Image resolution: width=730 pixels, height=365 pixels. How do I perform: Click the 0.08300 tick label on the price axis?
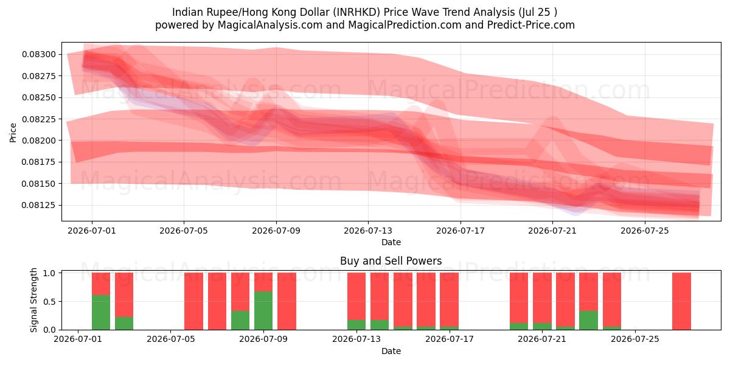[x=39, y=54]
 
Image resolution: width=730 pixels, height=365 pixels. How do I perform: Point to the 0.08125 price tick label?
[x=39, y=206]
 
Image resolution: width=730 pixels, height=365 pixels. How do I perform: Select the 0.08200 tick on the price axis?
[x=39, y=141]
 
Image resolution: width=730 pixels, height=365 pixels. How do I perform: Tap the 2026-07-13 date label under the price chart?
[x=368, y=231]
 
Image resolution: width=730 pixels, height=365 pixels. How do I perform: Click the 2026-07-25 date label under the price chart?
[x=645, y=231]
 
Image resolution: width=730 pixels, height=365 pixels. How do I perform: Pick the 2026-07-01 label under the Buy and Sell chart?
[x=78, y=339]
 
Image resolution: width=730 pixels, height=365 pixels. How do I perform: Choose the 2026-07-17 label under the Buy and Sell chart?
[x=450, y=339]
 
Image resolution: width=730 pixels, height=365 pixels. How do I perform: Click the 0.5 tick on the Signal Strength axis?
[x=49, y=302]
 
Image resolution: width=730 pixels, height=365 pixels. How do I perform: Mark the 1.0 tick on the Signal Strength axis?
[x=49, y=273]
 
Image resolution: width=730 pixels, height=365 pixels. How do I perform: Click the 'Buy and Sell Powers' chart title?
[x=391, y=261]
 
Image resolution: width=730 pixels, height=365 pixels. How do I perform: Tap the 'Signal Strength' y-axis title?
[x=33, y=300]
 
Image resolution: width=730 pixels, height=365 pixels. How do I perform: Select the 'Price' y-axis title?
[x=13, y=133]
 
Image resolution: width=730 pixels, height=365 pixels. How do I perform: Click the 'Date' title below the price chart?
[x=391, y=242]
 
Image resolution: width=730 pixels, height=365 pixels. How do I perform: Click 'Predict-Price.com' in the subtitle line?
[x=531, y=25]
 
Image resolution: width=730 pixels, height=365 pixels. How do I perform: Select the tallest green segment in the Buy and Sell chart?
[x=263, y=311]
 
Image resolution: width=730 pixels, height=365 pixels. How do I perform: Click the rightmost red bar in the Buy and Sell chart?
[x=681, y=301]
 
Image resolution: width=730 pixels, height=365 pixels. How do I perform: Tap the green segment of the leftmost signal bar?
[x=101, y=313]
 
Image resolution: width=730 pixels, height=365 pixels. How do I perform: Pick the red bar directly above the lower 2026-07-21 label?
[x=542, y=298]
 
